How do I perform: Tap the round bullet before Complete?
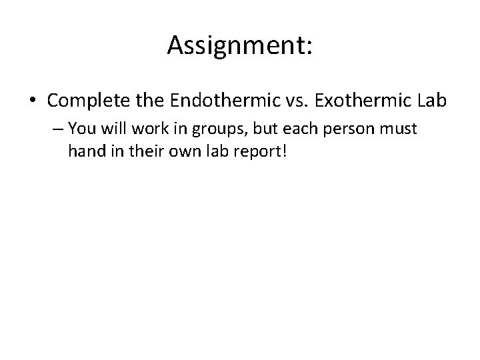pyautogui.click(x=34, y=101)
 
